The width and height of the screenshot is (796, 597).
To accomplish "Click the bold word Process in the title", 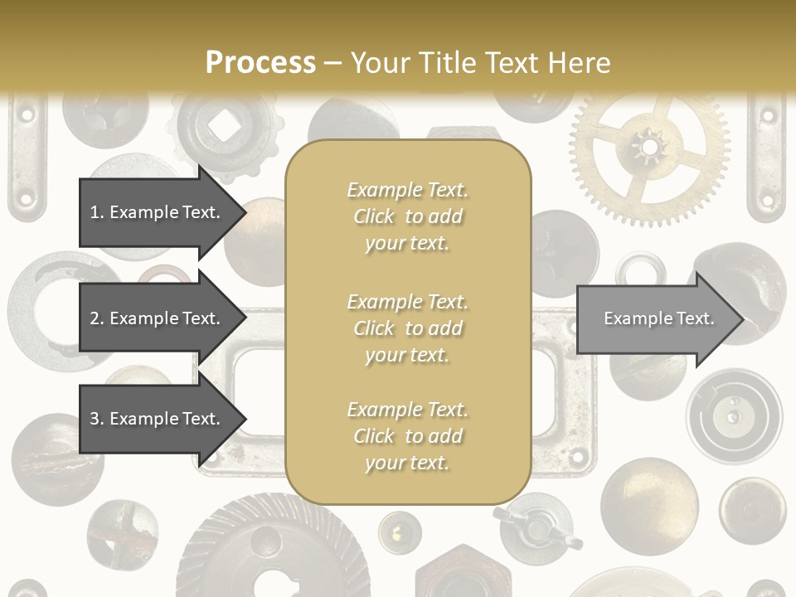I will [260, 62].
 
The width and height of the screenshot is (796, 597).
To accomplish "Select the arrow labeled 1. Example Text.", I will [155, 212].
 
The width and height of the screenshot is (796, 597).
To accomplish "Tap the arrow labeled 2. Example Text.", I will [155, 318].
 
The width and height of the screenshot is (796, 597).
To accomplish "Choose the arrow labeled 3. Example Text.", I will [155, 419].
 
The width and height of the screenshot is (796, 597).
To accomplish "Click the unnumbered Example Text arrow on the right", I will [659, 318].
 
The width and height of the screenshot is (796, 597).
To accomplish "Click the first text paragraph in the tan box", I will [407, 216].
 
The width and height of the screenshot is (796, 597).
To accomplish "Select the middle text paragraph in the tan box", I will [407, 328].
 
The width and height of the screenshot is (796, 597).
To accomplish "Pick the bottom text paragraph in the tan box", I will [407, 436].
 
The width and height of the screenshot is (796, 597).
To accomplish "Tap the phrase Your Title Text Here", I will [480, 62].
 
